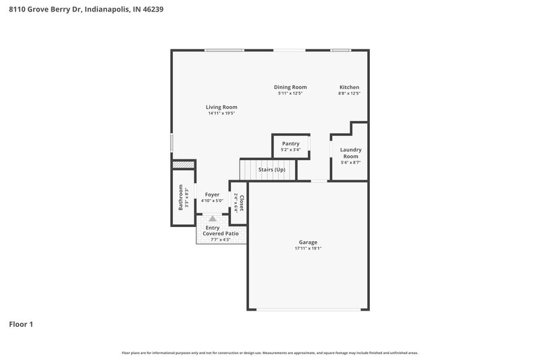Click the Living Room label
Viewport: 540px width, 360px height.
click(x=221, y=107)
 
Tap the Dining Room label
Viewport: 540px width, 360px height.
click(x=290, y=86)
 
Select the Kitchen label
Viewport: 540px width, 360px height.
click(x=349, y=86)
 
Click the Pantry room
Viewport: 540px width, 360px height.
click(x=290, y=146)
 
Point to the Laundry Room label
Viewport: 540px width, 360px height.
click(x=350, y=153)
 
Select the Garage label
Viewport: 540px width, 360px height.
click(x=308, y=242)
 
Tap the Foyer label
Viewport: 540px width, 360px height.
click(x=212, y=195)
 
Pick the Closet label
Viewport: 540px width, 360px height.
click(x=241, y=203)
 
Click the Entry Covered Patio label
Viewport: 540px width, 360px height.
click(x=221, y=230)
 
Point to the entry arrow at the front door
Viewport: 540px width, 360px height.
click(x=213, y=219)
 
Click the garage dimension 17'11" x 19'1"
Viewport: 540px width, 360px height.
click(x=308, y=249)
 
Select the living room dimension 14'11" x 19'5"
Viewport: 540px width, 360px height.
click(x=221, y=113)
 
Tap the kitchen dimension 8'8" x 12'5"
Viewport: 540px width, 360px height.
click(x=349, y=93)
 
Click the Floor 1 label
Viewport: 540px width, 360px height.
click(x=21, y=324)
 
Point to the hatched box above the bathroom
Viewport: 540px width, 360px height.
click(x=183, y=164)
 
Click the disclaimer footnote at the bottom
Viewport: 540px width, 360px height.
click(x=270, y=353)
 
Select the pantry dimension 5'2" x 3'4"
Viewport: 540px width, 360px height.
click(x=290, y=149)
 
